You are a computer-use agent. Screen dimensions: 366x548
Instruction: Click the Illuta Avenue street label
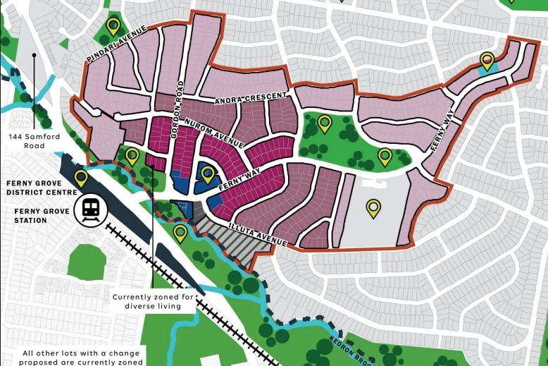(257, 236)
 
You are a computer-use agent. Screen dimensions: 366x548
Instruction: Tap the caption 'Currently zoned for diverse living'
(153, 302)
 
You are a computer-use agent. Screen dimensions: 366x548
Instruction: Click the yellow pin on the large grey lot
(373, 208)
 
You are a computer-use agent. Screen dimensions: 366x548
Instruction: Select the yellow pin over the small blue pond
(487, 61)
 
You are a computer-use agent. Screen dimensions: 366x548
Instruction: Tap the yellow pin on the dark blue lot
(208, 173)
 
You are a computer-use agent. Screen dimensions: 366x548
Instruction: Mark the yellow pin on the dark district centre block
(81, 178)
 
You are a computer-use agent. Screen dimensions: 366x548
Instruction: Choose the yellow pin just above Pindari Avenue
(113, 27)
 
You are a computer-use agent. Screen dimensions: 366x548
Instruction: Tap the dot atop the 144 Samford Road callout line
(33, 54)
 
